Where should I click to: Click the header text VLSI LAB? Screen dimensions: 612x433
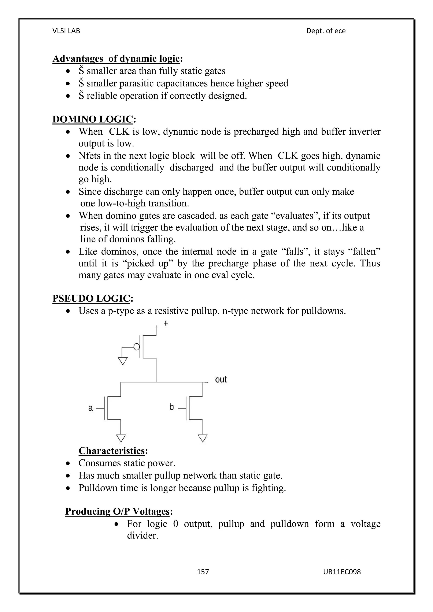pyautogui.click(x=66, y=31)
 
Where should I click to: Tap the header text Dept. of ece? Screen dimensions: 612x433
pyautogui.click(x=326, y=31)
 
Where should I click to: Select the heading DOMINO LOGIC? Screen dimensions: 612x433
pyautogui.click(x=93, y=119)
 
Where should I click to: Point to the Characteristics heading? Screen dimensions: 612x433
pyautogui.click(x=111, y=451)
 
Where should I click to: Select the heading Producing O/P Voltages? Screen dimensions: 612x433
pyautogui.click(x=117, y=511)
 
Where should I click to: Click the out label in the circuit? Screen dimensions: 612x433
pyautogui.click(x=221, y=380)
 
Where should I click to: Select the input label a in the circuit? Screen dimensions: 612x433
pyautogui.click(x=91, y=408)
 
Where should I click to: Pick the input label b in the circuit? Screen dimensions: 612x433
pyautogui.click(x=172, y=407)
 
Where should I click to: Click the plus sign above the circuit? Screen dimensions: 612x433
pyautogui.click(x=166, y=323)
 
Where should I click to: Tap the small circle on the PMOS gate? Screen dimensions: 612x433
pyautogui.click(x=137, y=347)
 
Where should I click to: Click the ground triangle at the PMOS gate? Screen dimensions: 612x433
pyautogui.click(x=123, y=361)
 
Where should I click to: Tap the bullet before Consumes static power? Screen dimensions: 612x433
pyautogui.click(x=69, y=463)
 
